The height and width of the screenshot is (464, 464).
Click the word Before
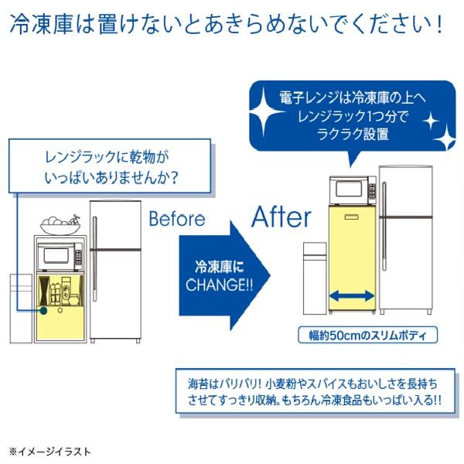tap(177, 219)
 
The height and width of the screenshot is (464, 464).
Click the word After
tap(281, 217)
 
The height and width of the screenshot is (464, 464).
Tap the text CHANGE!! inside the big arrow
tap(220, 285)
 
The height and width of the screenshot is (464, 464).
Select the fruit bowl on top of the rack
tap(60, 225)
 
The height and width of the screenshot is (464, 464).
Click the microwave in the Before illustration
tap(60, 256)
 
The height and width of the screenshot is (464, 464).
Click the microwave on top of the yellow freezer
tap(353, 189)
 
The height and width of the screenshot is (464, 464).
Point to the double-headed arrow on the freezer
tap(352, 295)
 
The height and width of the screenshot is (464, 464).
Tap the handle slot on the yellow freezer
tap(352, 217)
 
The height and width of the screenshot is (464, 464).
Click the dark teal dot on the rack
tap(43, 310)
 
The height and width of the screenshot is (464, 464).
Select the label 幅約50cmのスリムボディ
tap(367, 335)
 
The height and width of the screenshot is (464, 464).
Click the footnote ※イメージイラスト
tap(49, 452)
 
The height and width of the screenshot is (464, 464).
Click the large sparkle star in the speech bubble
tap(264, 112)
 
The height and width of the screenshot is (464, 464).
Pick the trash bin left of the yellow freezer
tap(315, 278)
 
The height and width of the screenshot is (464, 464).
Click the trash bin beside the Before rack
tap(21, 309)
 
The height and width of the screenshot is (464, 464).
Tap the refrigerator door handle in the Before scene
tap(94, 259)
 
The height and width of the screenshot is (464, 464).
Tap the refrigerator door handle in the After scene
tap(384, 226)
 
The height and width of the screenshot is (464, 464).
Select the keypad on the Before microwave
tap(78, 257)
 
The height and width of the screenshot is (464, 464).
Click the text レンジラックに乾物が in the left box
tap(107, 158)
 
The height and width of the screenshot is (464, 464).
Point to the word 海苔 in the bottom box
tap(198, 384)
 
